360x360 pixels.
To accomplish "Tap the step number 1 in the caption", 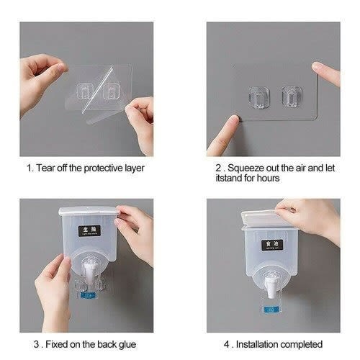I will (29, 168).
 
